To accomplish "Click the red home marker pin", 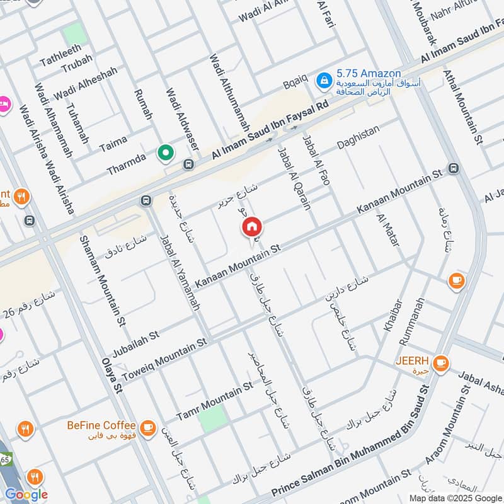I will pos(251,227).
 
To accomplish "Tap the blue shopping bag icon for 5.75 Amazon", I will pos(324,81).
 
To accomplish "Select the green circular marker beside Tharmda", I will pos(166,152).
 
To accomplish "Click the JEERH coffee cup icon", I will pos(441,362).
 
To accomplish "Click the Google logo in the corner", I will pos(26,495).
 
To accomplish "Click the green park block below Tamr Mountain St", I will pos(214,418).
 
